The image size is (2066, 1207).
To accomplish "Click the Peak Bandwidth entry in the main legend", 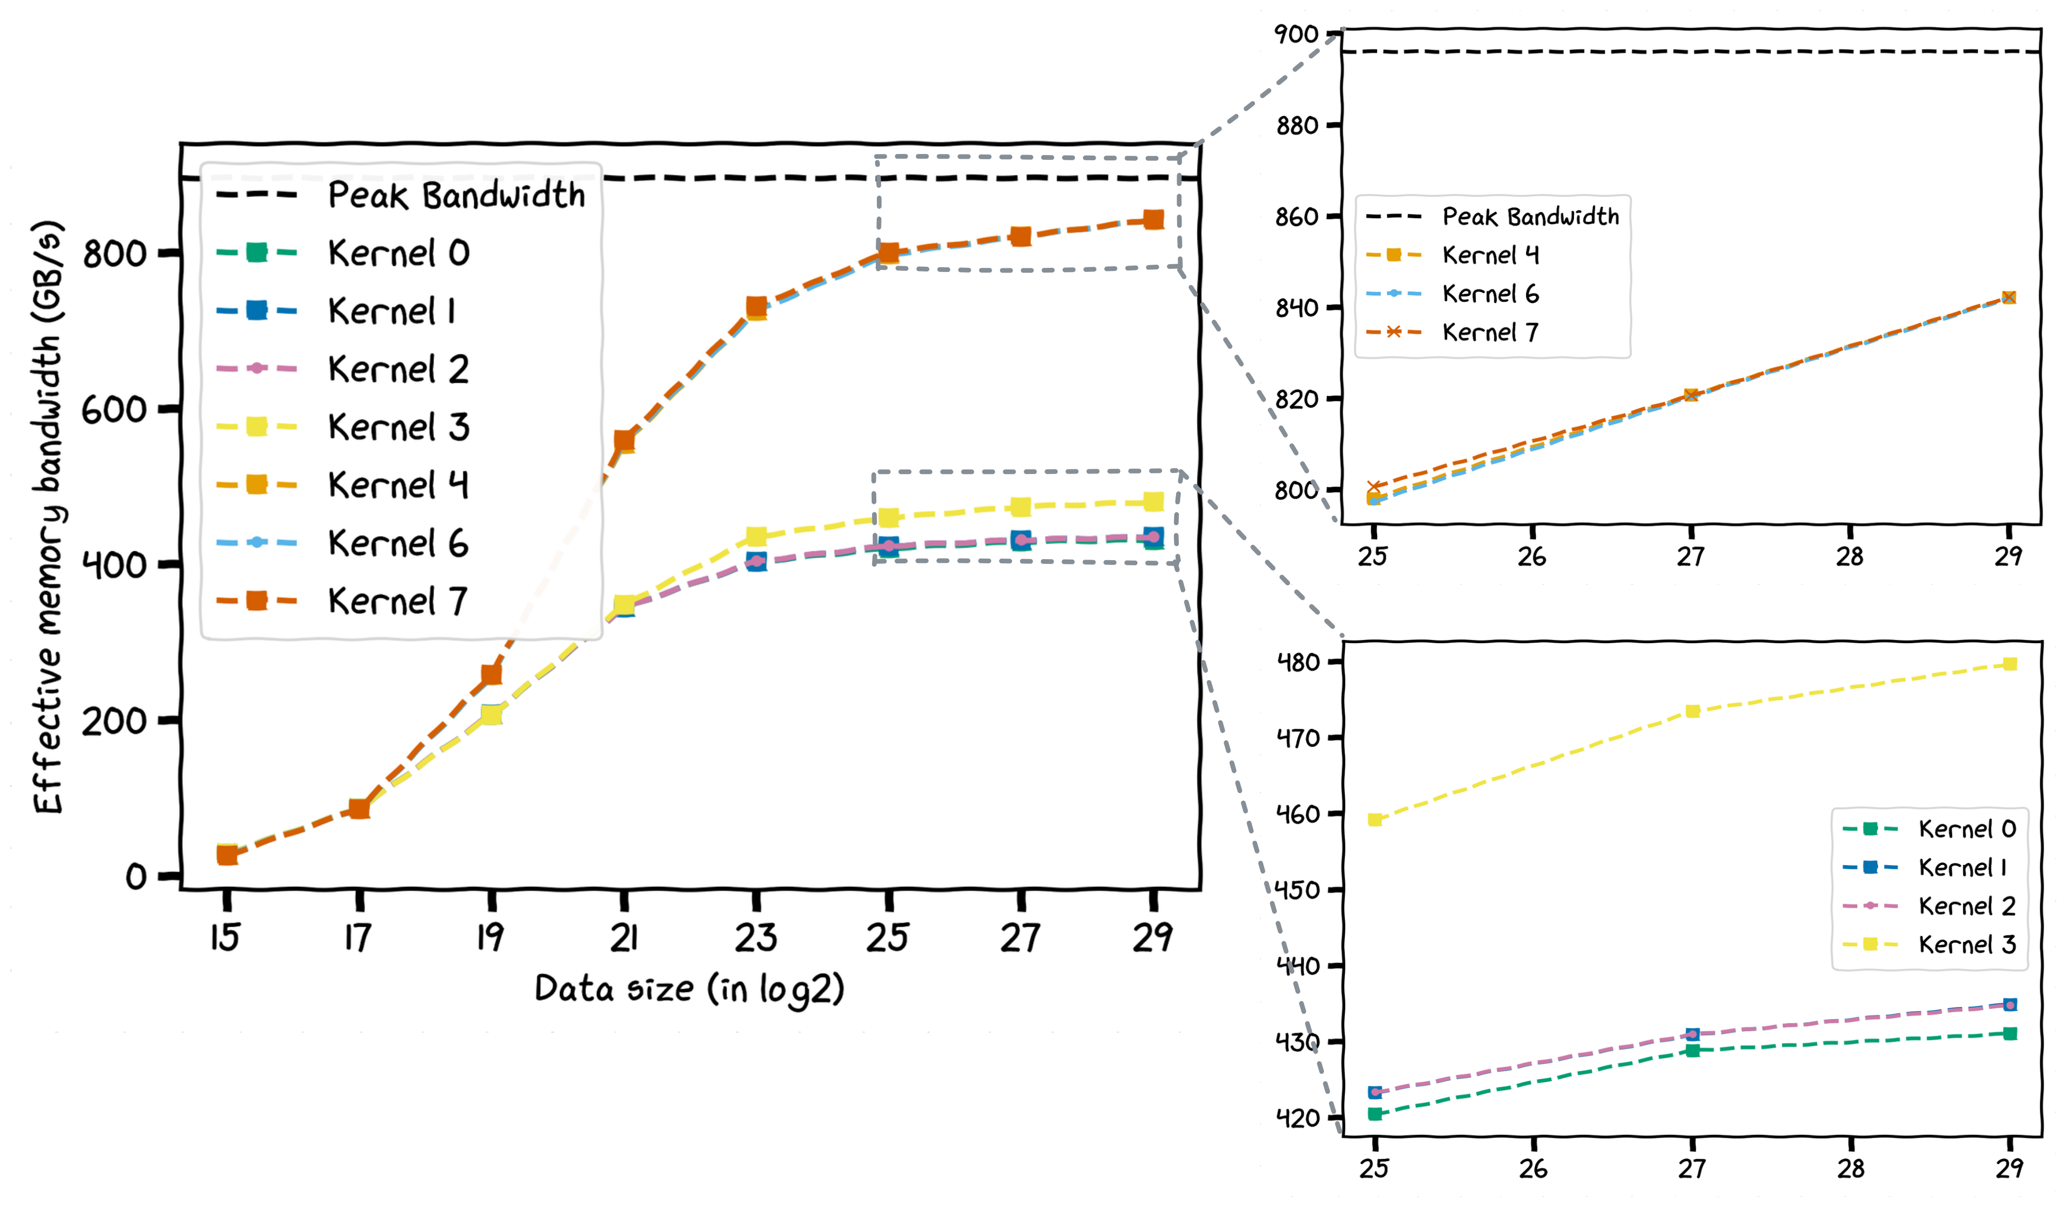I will click(456, 195).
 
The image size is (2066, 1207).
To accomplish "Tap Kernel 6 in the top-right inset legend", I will click(1489, 293).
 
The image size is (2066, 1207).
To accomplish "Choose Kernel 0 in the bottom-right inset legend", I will click(1966, 829).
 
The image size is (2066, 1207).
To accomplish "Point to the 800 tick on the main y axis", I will click(115, 254).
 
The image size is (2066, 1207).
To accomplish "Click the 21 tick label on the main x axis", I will click(624, 938).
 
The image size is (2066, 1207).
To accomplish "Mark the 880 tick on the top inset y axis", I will click(1297, 125).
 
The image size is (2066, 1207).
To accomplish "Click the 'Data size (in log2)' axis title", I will click(689, 989).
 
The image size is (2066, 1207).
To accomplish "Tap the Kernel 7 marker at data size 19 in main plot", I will click(491, 674).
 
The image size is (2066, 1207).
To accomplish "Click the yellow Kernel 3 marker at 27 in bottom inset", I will click(1692, 711).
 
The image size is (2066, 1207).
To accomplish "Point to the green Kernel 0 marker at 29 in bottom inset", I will click(2010, 1033).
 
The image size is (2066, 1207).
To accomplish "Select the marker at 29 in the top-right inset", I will click(2009, 298).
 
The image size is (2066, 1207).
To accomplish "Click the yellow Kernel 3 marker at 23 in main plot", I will click(756, 537).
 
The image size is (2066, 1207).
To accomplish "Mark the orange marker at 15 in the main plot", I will click(227, 855).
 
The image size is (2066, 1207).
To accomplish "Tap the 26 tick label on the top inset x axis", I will click(1531, 557).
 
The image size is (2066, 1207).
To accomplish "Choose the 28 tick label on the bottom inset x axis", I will click(1850, 1168).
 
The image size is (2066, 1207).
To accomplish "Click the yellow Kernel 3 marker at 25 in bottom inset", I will click(1375, 820).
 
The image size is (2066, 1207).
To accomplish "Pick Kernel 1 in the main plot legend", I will click(392, 311).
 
